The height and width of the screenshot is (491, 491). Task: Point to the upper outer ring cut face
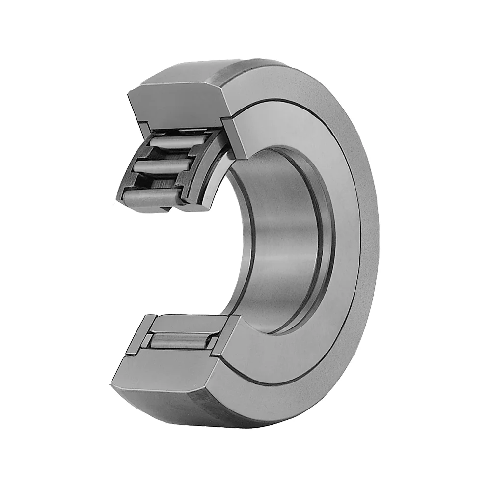coord(177,101)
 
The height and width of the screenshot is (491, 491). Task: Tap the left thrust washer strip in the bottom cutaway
coord(143,339)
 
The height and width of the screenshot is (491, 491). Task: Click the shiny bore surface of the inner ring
coord(280,241)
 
